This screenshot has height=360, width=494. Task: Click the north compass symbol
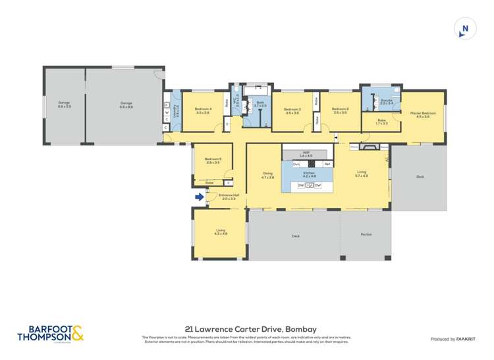(464, 28)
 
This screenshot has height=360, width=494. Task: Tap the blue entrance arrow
(199, 195)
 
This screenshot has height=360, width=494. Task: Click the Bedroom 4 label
(202, 111)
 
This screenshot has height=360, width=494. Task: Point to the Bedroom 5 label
(213, 160)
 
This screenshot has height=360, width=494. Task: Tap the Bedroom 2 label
(340, 111)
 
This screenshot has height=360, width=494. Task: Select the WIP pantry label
(306, 153)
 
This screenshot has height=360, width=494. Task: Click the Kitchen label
(309, 175)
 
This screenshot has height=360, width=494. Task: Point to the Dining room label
(267, 175)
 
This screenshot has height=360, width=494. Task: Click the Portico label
(366, 234)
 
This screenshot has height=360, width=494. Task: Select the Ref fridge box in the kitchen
(327, 163)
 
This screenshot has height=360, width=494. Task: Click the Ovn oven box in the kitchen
(296, 163)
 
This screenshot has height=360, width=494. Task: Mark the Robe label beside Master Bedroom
(382, 121)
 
